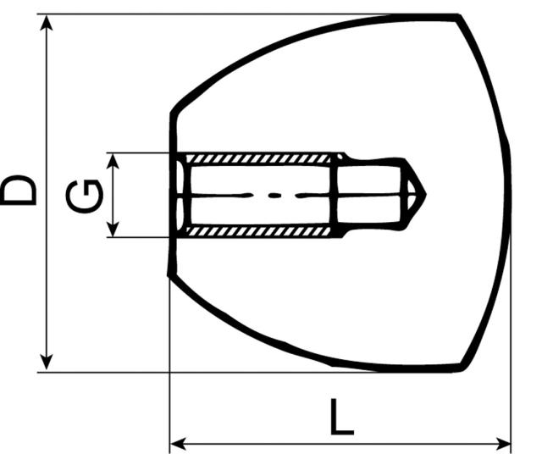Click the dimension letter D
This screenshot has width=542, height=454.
point(19,190)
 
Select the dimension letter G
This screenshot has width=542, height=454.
point(86,196)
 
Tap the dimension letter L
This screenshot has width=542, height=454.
point(340,418)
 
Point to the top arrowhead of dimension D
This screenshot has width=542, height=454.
point(48,23)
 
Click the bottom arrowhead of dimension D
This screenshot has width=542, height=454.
point(48,362)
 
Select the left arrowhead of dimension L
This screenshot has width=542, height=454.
point(179,441)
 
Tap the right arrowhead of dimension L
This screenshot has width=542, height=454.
point(504,441)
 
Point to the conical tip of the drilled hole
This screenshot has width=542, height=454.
point(417,195)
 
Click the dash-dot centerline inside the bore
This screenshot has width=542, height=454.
point(271,195)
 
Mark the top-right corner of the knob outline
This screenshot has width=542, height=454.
point(458,16)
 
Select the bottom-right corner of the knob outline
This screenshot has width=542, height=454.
point(462,368)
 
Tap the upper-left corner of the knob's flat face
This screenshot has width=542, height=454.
point(172,112)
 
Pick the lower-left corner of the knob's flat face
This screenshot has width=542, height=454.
point(172,275)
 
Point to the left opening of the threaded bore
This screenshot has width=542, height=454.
point(180,195)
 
